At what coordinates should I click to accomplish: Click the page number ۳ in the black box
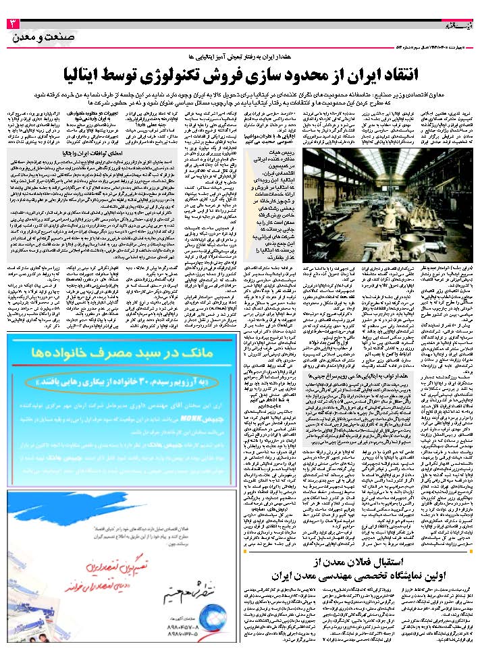point(13,24)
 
